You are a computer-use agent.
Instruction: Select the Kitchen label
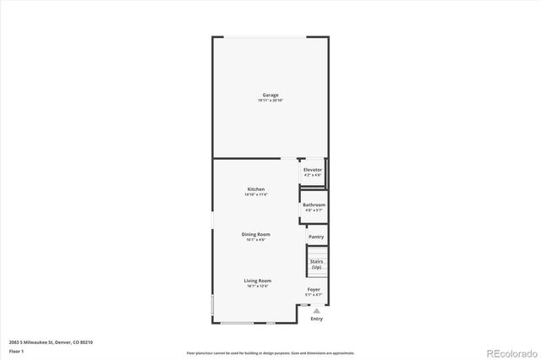click(256, 188)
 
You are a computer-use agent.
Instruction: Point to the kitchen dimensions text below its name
click(256, 195)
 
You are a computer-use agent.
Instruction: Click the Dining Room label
click(258, 234)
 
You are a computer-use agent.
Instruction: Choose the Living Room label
click(258, 281)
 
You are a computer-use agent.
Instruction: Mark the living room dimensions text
click(258, 286)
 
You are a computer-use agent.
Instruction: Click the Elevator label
click(313, 170)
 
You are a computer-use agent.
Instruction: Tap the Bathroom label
click(314, 205)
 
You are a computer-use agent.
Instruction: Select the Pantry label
click(316, 237)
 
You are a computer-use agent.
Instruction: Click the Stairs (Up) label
click(316, 265)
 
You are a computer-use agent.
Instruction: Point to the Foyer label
click(314, 289)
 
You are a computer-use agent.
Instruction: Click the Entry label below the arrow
click(316, 319)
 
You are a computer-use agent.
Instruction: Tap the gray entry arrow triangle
click(316, 310)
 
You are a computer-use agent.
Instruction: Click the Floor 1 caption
click(16, 350)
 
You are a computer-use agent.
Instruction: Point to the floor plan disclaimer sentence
click(270, 352)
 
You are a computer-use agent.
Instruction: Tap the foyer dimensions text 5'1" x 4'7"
click(314, 295)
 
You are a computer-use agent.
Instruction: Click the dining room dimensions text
click(258, 240)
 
